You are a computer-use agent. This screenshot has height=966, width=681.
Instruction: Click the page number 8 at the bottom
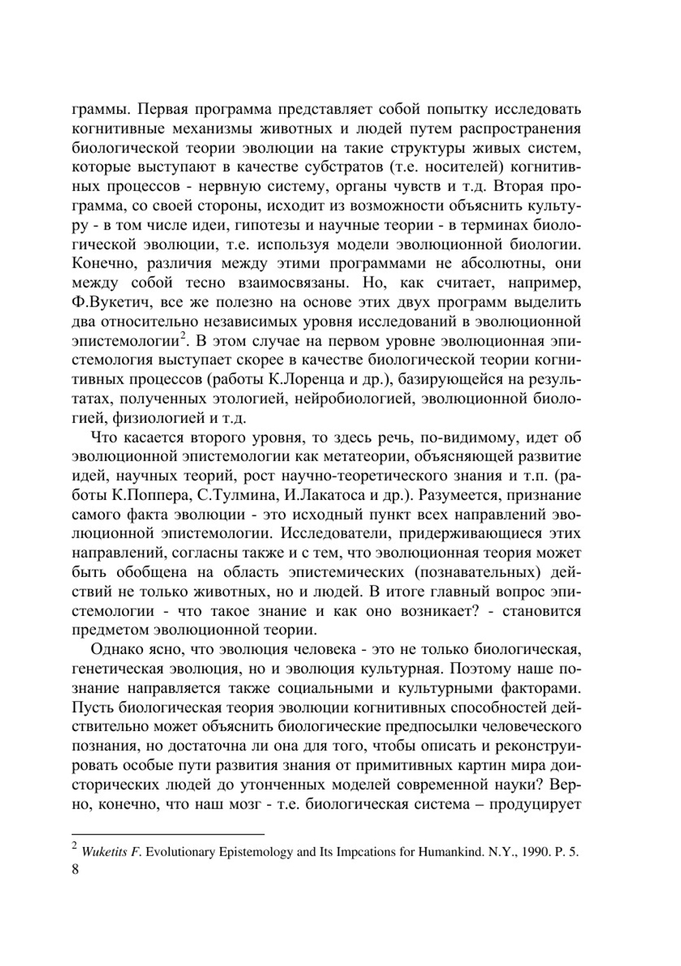[x=75, y=870]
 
